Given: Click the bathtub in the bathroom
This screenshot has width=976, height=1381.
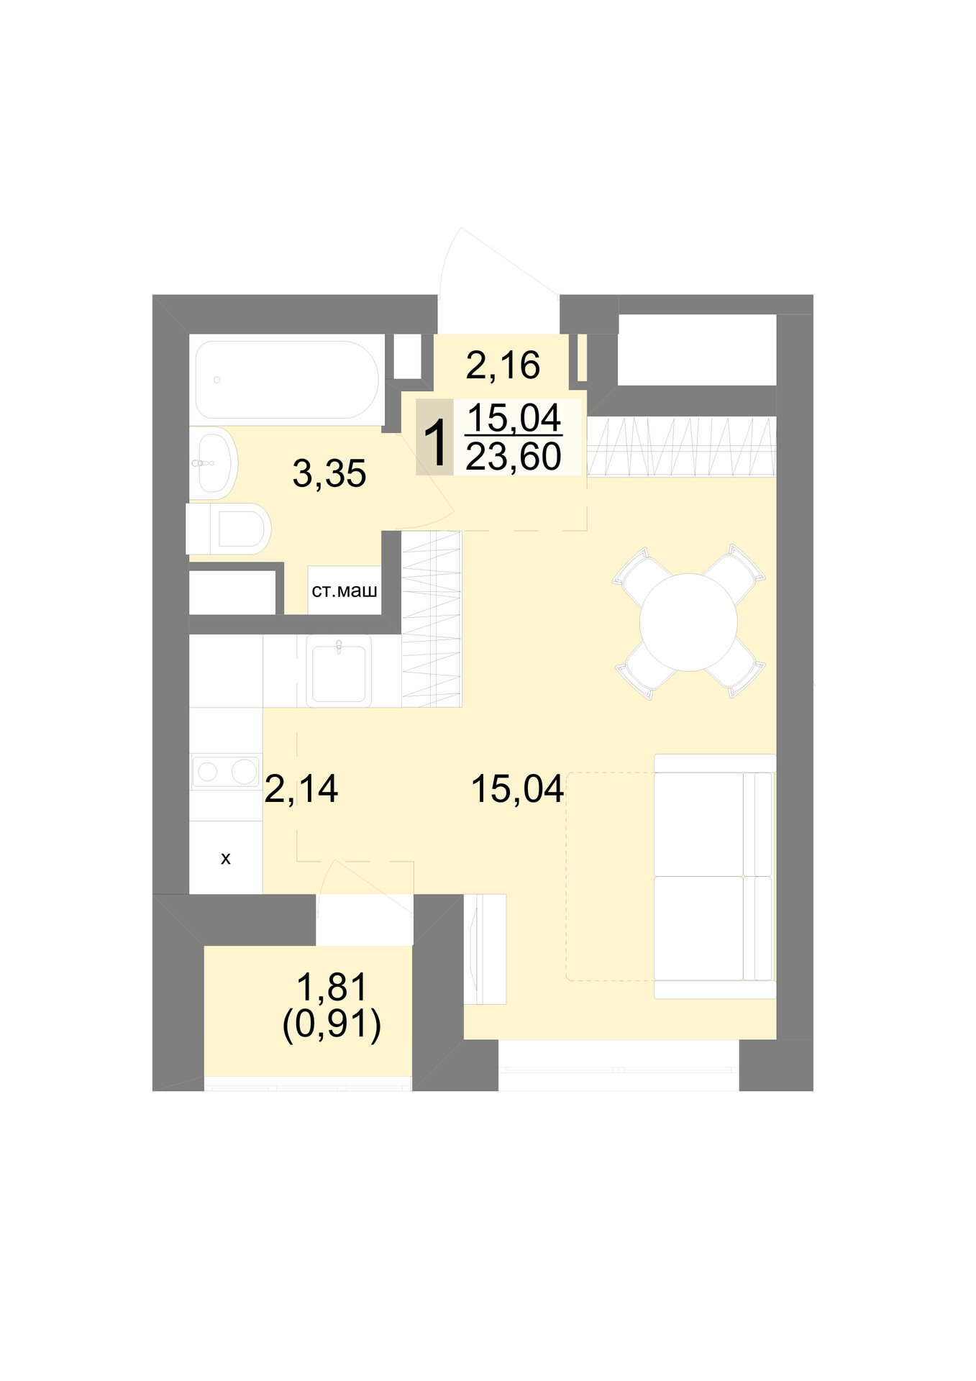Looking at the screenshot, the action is (286, 379).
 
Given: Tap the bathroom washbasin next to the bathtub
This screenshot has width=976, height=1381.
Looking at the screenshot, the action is (214, 463).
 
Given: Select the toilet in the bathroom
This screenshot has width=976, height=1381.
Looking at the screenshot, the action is (229, 529).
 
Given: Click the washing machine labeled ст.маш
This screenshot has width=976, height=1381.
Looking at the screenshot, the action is (345, 591).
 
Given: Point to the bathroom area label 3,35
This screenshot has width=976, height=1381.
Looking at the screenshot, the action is (329, 474).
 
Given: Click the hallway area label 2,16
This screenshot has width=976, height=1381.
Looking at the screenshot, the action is (503, 365).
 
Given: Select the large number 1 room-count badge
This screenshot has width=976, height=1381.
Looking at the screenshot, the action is (436, 437).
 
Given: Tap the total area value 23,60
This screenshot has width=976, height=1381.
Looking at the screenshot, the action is (514, 456).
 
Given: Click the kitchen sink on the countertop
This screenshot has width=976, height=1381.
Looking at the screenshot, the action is (339, 671).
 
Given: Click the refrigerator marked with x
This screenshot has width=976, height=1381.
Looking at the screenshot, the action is (226, 857).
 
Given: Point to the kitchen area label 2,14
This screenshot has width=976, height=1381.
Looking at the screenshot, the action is (301, 789).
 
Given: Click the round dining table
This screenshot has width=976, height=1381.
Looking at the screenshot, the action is (688, 622).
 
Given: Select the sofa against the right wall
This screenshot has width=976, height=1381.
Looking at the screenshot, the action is (715, 876).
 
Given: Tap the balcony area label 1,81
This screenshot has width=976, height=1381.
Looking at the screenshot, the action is (332, 987).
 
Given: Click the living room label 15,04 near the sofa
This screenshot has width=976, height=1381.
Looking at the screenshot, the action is (517, 789).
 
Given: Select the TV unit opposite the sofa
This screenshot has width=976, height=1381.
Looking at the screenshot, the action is (485, 949).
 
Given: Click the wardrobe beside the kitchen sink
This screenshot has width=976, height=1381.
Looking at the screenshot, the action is (431, 619).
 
